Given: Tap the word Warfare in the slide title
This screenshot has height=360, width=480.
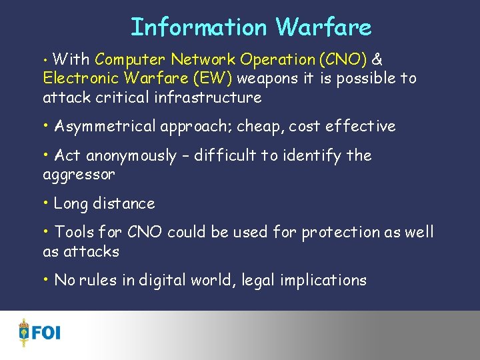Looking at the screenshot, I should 323,27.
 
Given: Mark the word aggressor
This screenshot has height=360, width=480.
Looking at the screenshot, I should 79,175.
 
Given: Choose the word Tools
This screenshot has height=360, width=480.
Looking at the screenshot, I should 74,232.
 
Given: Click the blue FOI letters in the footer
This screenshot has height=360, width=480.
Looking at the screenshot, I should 46,332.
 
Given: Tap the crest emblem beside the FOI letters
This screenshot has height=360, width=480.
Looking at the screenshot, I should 24,332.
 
